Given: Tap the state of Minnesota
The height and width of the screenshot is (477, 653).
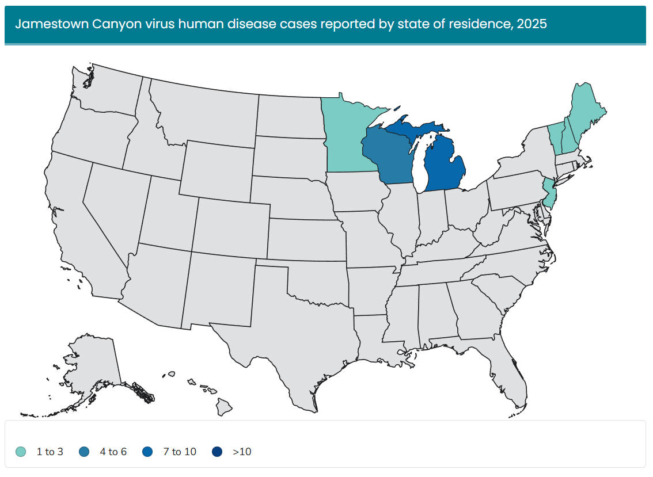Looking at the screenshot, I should tap(346, 138).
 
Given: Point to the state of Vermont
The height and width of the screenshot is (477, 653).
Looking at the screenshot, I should tap(556, 136).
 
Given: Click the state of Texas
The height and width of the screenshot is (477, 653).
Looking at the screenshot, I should tap(288, 334).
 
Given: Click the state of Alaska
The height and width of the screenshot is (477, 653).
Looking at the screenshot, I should tap(92, 368).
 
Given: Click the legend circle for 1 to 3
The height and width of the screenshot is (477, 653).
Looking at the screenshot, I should tap(21, 452).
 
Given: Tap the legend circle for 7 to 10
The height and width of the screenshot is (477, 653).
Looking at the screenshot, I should tap(147, 452).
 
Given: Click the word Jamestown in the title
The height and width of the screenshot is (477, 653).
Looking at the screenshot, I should tap(45, 24).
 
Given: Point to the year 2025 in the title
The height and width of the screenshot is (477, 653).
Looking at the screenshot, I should tap(532, 24).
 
